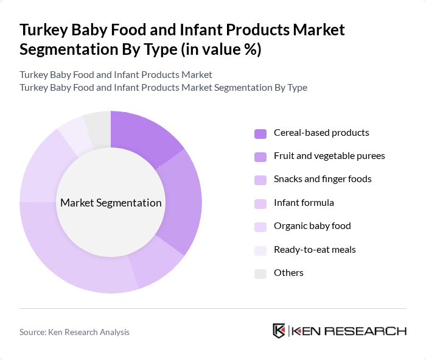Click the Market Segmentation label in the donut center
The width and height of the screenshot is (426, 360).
click(111, 203)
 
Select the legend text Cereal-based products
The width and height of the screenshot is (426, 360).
click(321, 133)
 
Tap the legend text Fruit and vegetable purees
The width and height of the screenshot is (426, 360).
click(329, 156)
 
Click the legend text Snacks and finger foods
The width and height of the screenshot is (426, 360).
click(323, 179)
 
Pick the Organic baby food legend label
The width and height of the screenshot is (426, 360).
click(312, 226)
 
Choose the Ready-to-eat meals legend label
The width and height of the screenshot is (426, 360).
click(315, 249)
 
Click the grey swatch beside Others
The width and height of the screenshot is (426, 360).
click(260, 273)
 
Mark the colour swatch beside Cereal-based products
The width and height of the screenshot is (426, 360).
click(260, 133)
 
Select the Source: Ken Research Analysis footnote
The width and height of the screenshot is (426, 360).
click(74, 332)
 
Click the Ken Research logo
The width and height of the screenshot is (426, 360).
click(339, 331)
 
